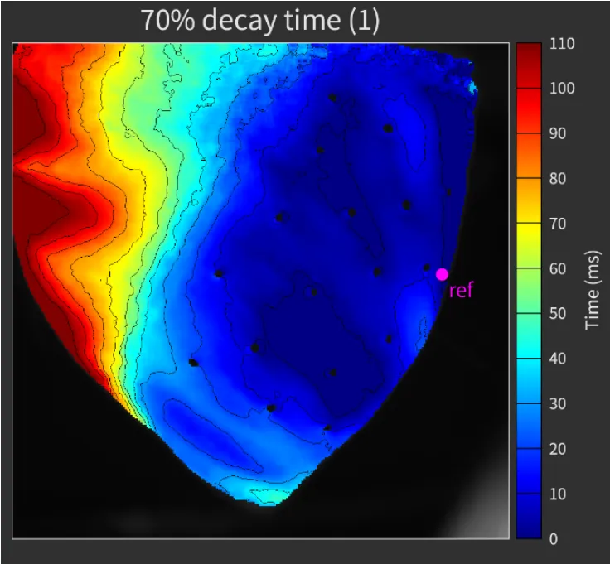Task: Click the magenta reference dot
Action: [442, 274]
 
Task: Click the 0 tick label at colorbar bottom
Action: [554, 538]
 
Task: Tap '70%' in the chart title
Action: [166, 21]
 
